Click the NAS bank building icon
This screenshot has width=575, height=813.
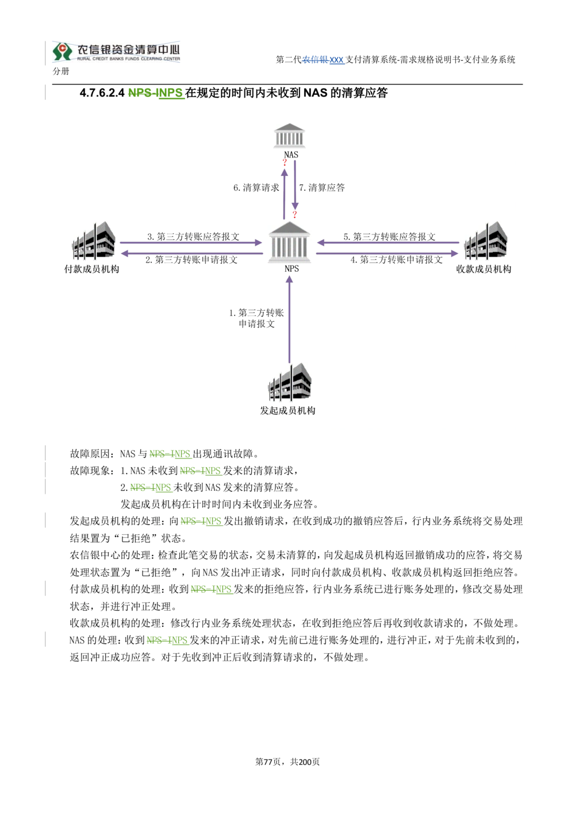pos(289,136)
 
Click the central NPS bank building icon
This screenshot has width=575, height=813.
pos(289,242)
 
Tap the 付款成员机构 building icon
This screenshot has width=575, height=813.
pos(94,240)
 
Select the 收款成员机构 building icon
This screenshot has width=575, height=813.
pos(486,240)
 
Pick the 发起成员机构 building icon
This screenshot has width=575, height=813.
pos(289,382)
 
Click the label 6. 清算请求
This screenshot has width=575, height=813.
pos(256,188)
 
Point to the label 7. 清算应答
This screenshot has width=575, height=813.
pos(322,188)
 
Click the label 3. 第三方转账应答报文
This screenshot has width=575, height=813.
pos(193,237)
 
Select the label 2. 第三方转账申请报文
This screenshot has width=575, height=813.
pos(191,260)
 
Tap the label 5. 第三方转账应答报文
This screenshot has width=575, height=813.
pos(389,237)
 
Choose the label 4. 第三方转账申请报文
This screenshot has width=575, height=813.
pos(396,260)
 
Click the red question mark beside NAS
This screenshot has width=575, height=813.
pos(285,162)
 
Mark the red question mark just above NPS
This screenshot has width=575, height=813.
pos(294,214)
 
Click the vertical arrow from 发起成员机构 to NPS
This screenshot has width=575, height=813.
pos(289,319)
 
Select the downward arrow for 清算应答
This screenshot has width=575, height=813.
pos(295,185)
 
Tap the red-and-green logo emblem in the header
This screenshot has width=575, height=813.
pos(62,51)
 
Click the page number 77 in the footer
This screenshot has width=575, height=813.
pos(268,762)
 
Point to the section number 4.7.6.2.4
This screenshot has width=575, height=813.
pos(102,93)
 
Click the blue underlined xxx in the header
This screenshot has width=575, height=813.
pos(336,60)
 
